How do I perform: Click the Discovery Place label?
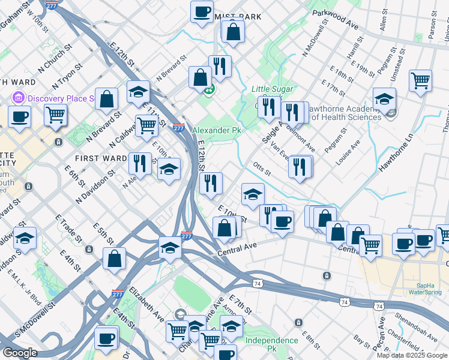pyautogui.click(x=61, y=98)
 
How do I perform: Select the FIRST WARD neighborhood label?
pyautogui.click(x=100, y=158)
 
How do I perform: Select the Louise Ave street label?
pyautogui.click(x=348, y=153)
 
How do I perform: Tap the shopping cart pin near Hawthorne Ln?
pyautogui.click(x=420, y=80)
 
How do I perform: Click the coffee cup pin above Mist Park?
pyautogui.click(x=202, y=10)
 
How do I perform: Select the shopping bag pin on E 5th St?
pyautogui.click(x=114, y=258)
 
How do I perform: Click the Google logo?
pyautogui.click(x=20, y=353)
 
